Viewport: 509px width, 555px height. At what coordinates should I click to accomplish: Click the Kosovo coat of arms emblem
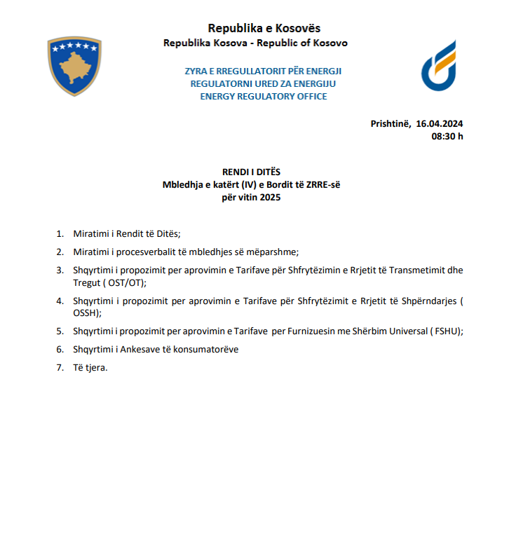tap(74, 67)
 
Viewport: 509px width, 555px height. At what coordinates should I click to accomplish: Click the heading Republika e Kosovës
tap(264, 28)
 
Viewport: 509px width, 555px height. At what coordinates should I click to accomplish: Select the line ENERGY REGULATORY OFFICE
tap(264, 96)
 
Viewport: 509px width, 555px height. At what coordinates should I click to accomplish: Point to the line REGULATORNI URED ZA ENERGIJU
tap(264, 83)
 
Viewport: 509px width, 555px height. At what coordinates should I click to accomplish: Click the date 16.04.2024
tap(440, 123)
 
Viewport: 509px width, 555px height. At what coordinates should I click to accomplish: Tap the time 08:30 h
tap(447, 136)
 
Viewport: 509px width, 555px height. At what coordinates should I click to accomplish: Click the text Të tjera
tap(90, 367)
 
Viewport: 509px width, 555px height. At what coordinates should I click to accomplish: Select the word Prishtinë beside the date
tap(391, 123)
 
